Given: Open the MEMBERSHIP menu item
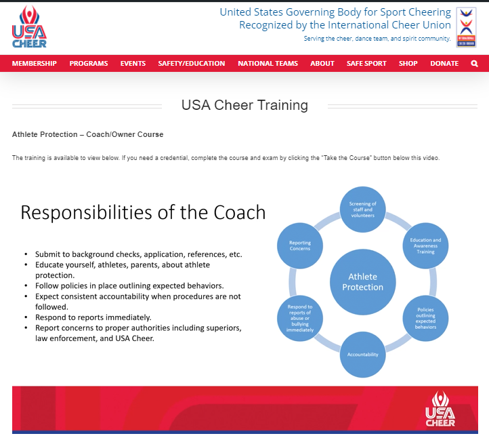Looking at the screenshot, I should pyautogui.click(x=35, y=64).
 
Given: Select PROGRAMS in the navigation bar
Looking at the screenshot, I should pyautogui.click(x=89, y=64).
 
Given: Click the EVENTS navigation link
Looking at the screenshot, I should pyautogui.click(x=133, y=64).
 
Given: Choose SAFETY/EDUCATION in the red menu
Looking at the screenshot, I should pyautogui.click(x=192, y=64).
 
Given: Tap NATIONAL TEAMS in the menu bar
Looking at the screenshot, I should pyautogui.click(x=268, y=64).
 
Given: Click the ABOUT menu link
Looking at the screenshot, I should pyautogui.click(x=322, y=64).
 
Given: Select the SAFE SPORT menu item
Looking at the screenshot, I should pyautogui.click(x=366, y=64).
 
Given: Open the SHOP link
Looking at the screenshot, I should pyautogui.click(x=408, y=64).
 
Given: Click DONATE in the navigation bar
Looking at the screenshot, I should pyautogui.click(x=444, y=64).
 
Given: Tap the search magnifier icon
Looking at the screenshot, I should pyautogui.click(x=474, y=64).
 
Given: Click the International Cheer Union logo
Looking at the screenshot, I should pyautogui.click(x=465, y=27).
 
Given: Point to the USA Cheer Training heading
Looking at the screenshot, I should pyautogui.click(x=244, y=105).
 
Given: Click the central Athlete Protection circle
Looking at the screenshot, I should pyautogui.click(x=362, y=282).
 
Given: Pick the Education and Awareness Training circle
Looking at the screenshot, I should pyautogui.click(x=425, y=245).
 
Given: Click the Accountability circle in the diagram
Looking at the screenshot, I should pyautogui.click(x=362, y=355).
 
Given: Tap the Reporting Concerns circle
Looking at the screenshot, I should pyautogui.click(x=299, y=245).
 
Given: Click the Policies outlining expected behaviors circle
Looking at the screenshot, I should pyautogui.click(x=425, y=318).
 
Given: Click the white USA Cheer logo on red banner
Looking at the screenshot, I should pyautogui.click(x=440, y=409).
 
